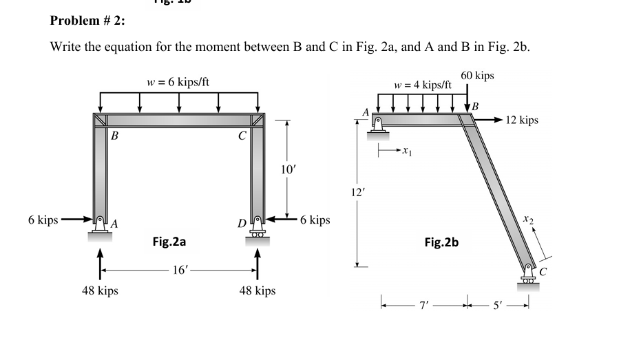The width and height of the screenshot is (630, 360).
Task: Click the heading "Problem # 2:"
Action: click(87, 21)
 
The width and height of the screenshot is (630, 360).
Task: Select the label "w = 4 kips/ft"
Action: click(423, 85)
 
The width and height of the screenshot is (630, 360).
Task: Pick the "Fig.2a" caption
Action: click(169, 242)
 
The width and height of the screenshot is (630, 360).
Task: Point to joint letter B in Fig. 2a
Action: click(114, 136)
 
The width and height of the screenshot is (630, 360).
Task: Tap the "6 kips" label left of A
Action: click(43, 220)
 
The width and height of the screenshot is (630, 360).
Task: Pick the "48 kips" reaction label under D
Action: click(258, 291)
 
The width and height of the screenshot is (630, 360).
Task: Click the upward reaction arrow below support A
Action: click(101, 263)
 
